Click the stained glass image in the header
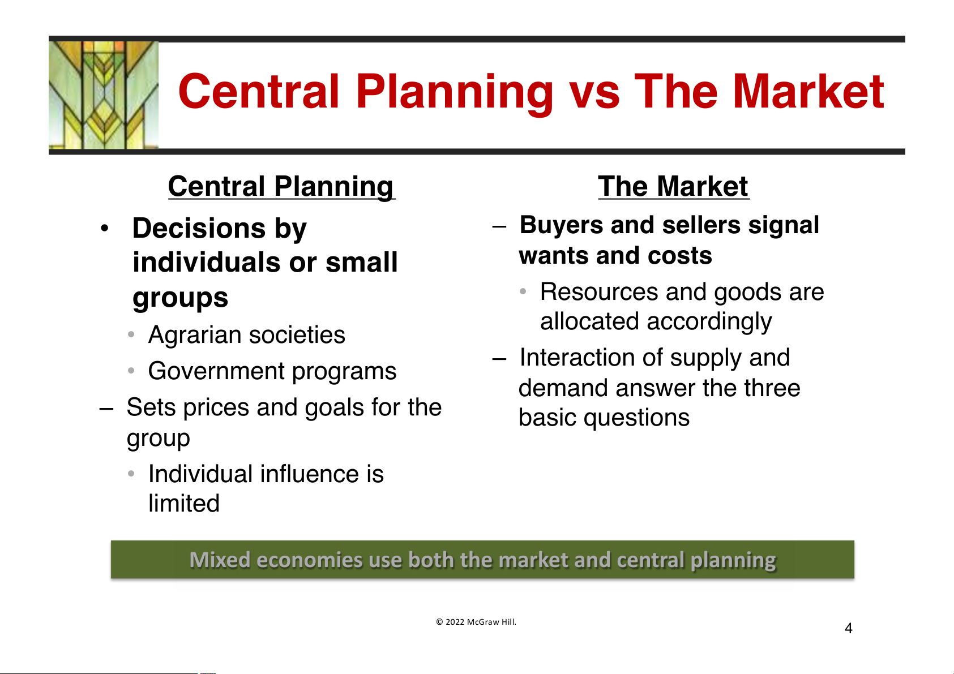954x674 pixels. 104,95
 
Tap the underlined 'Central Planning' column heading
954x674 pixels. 281,187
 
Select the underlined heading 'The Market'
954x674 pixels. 673,186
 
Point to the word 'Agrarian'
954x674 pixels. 195,335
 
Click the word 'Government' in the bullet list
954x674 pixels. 216,371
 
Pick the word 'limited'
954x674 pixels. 184,503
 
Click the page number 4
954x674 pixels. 848,628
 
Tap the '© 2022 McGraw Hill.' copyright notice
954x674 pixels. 476,621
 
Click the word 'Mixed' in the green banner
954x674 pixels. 220,560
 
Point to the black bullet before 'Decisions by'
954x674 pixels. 105,228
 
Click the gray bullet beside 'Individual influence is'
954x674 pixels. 131,474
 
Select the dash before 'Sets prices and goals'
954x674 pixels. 106,409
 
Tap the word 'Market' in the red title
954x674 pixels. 808,92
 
